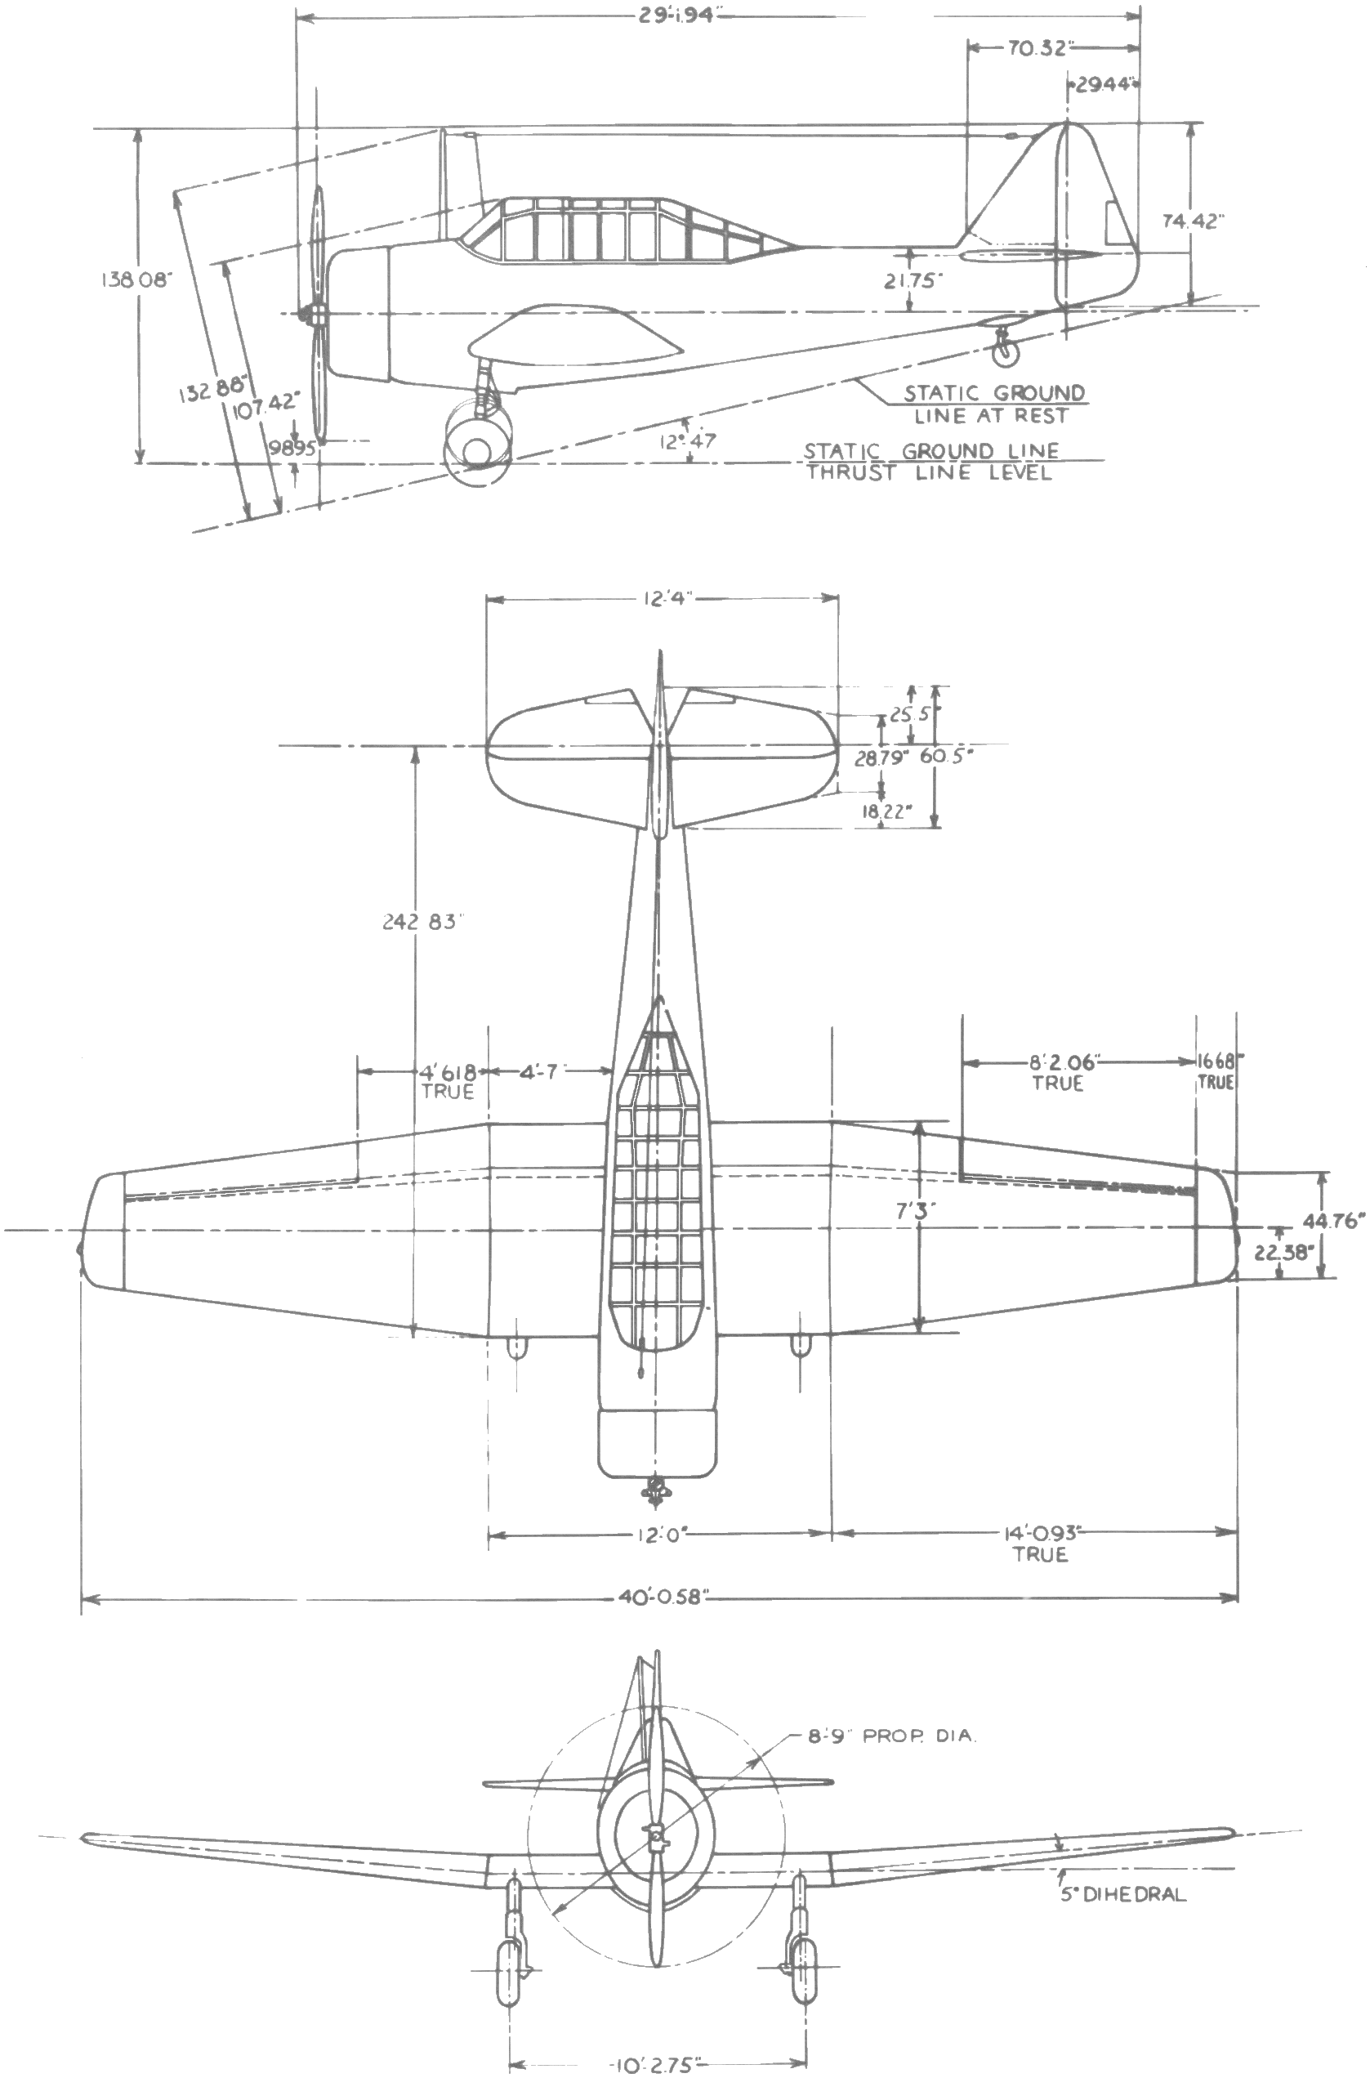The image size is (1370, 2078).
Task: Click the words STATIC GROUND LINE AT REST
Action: click(993, 404)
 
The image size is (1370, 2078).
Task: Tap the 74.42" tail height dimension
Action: click(1193, 222)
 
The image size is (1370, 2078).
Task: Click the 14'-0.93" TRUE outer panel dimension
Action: click(1040, 1542)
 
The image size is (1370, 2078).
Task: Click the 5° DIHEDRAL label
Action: click(1122, 1895)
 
